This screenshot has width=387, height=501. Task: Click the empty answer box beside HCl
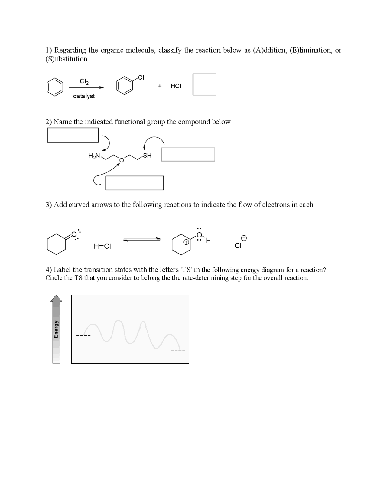click(204, 84)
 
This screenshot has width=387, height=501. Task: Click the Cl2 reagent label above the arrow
click(84, 81)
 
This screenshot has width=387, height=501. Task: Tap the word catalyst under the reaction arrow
click(84, 96)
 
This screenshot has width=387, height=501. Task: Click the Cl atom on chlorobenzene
click(141, 77)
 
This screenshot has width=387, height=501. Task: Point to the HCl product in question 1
click(176, 86)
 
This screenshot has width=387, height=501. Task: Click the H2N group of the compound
click(94, 156)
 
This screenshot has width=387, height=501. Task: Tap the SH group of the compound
click(147, 156)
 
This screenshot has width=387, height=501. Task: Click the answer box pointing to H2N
click(73, 135)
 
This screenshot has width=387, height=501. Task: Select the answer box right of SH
click(188, 154)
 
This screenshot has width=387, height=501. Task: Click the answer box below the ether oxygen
click(135, 183)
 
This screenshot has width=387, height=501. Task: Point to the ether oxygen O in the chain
click(121, 160)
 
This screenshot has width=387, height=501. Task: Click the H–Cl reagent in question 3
click(102, 246)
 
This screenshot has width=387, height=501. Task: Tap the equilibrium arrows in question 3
click(142, 240)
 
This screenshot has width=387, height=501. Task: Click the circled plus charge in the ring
click(187, 242)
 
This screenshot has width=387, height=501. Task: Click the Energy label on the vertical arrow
click(56, 329)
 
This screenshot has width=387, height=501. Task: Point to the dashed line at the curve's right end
click(178, 350)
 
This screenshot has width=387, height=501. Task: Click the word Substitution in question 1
click(67, 59)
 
